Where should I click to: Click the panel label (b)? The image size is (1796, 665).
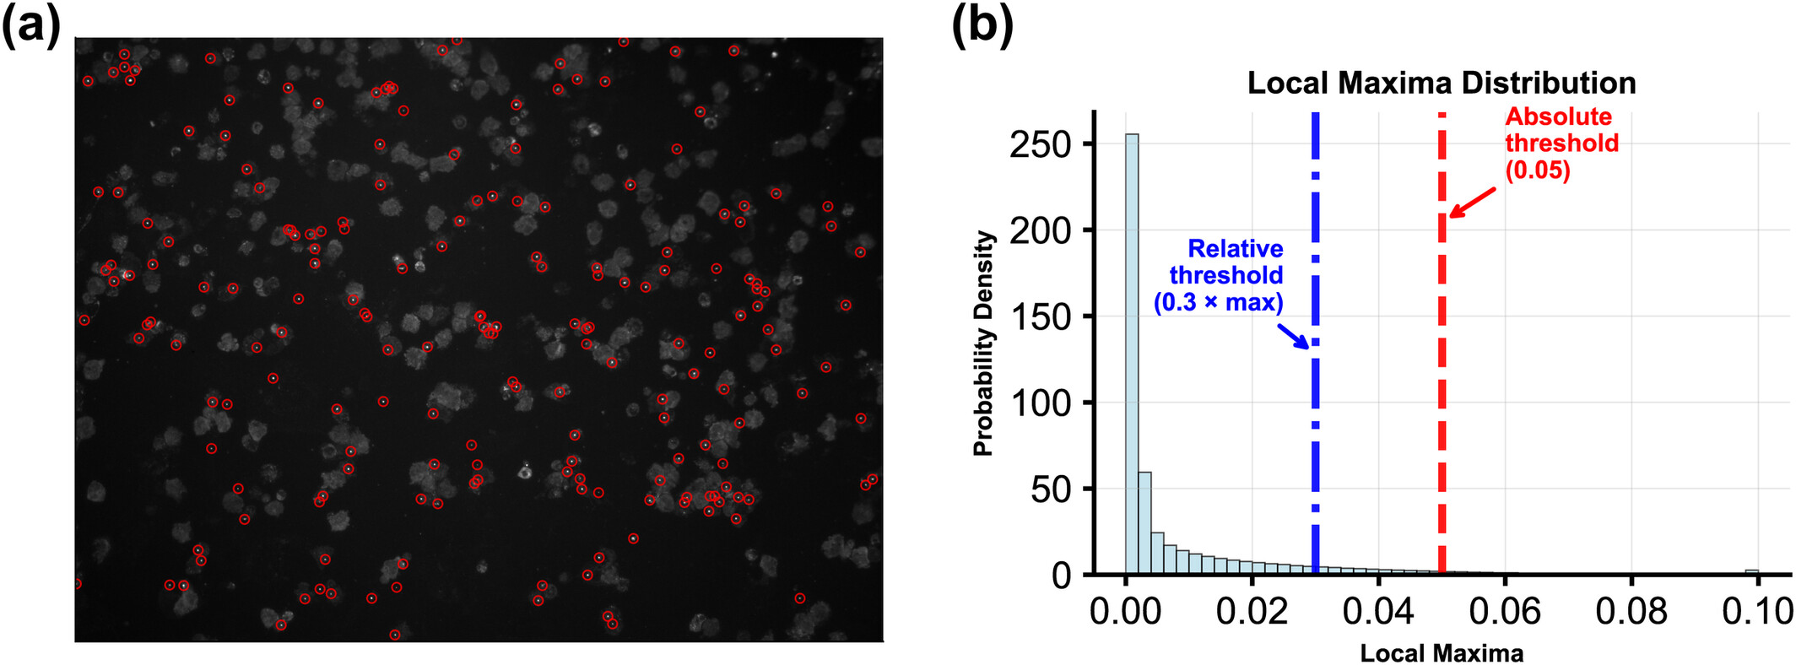tap(982, 25)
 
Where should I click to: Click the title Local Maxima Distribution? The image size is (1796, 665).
tap(1441, 83)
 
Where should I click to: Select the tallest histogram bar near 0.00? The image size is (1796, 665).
tap(1132, 354)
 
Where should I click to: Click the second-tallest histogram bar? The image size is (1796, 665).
tap(1144, 523)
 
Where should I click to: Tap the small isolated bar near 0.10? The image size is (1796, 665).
tap(1751, 572)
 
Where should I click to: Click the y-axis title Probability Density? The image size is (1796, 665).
tap(983, 343)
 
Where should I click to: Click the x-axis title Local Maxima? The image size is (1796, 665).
tap(1441, 653)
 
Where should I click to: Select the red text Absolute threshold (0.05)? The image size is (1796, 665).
tap(1561, 143)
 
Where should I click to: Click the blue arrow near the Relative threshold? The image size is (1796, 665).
tap(1292, 336)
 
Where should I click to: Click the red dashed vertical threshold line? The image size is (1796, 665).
tap(1442, 380)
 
